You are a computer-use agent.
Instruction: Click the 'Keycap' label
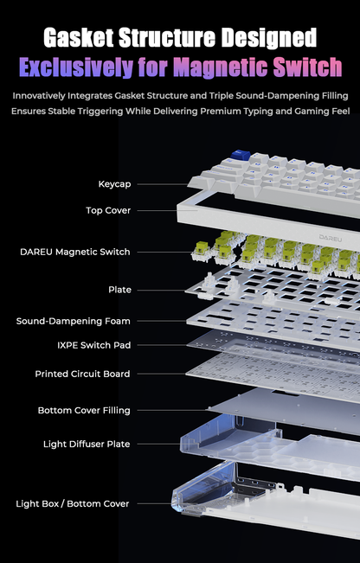(114, 184)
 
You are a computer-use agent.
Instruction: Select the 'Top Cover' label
(108, 210)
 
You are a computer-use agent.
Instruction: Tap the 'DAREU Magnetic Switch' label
(75, 252)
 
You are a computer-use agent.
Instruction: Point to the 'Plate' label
(120, 290)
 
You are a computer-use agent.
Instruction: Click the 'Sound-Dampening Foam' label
(74, 321)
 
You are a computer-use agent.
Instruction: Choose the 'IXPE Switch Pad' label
(94, 345)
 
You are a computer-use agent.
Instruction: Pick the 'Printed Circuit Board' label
(82, 374)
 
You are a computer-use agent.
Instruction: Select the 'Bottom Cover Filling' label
(84, 410)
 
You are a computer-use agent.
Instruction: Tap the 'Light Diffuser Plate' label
(87, 445)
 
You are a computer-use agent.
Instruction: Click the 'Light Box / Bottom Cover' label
(72, 503)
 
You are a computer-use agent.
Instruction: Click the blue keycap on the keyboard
(241, 155)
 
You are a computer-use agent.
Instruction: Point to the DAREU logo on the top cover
(331, 238)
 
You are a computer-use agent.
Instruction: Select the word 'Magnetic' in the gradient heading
(221, 67)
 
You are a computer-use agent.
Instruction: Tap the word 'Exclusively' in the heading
(76, 67)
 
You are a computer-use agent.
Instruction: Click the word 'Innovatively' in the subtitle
(39, 96)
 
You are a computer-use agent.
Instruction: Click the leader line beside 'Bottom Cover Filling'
(173, 410)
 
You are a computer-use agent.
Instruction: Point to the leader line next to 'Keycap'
(163, 184)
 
